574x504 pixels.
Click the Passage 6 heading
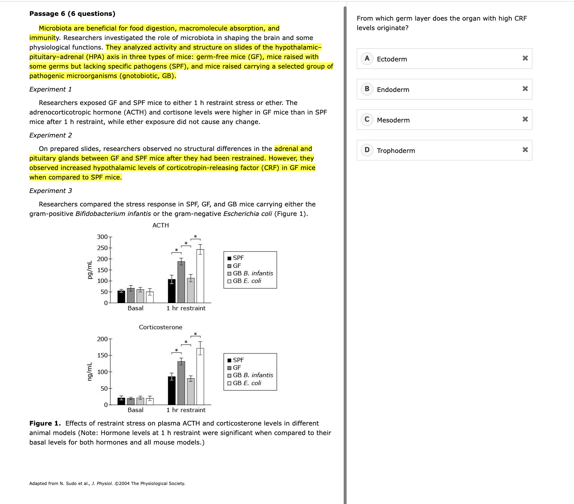pyautogui.click(x=72, y=13)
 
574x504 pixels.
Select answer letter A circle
pyautogui.click(x=367, y=59)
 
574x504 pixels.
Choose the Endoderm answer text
pyautogui.click(x=393, y=90)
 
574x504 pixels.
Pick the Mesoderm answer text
pyautogui.click(x=393, y=120)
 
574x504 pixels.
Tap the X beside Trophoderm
pyautogui.click(x=525, y=150)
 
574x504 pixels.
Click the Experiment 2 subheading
pyautogui.click(x=51, y=135)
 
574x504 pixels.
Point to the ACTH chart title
pyautogui.click(x=161, y=225)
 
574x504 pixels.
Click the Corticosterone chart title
pyautogui.click(x=161, y=327)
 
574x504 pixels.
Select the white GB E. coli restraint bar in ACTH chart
pyautogui.click(x=200, y=276)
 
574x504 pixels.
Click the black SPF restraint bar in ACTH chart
pyautogui.click(x=172, y=291)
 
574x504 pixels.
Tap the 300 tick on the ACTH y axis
pyautogui.click(x=102, y=237)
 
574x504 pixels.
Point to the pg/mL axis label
pyautogui.click(x=90, y=270)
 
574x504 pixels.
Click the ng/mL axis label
pyautogui.click(x=90, y=372)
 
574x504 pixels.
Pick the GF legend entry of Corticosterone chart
pyautogui.click(x=237, y=368)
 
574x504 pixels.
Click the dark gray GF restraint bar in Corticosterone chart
pyautogui.click(x=181, y=383)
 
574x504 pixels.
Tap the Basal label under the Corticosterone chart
pyautogui.click(x=136, y=410)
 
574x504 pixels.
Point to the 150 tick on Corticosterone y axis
pyautogui.click(x=102, y=355)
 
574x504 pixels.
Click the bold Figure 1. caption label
pyautogui.click(x=45, y=423)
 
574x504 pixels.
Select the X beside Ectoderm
pyautogui.click(x=525, y=58)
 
